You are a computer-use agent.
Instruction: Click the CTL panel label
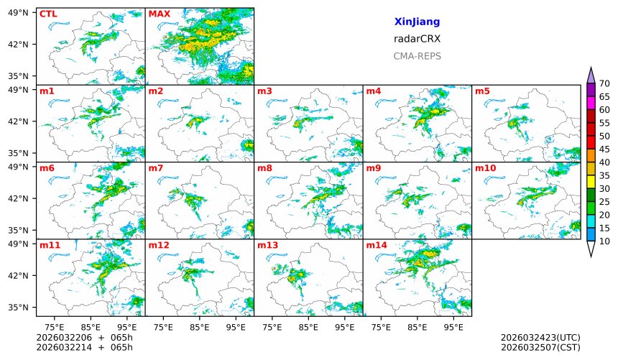click(48, 14)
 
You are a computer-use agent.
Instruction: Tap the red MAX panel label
click(160, 14)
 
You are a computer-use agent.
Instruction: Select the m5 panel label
click(482, 91)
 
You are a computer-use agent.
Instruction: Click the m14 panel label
click(377, 246)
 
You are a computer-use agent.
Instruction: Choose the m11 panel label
click(50, 246)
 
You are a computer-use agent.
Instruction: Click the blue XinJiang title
click(417, 22)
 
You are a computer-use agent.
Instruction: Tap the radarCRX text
click(417, 39)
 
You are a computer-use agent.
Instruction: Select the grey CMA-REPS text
click(417, 56)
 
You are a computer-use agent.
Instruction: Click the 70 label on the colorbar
click(604, 84)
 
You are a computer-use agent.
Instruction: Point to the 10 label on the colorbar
click(604, 241)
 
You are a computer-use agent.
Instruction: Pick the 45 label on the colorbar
click(604, 149)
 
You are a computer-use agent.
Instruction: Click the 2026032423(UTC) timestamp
click(540, 337)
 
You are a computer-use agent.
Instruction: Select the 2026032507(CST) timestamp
click(540, 347)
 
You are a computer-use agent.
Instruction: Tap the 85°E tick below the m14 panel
click(417, 327)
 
